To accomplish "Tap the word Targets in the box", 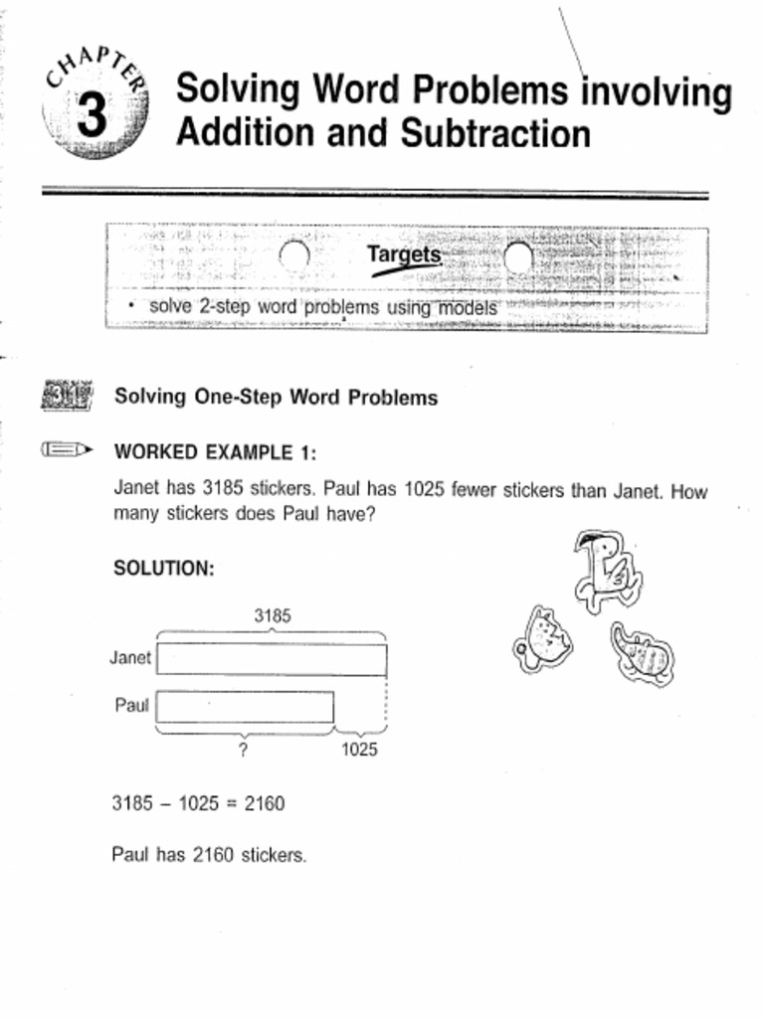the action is point(404,255).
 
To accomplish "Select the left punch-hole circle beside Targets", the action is point(294,256).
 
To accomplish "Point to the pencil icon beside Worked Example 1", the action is point(66,450).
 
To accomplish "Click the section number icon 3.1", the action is point(67,397).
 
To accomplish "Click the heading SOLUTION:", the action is point(164,569).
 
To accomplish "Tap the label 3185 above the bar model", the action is point(273,616).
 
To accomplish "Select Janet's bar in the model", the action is point(272,659).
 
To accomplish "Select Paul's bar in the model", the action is point(245,707).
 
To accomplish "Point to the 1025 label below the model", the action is point(359,751).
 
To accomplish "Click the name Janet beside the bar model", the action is point(130,658).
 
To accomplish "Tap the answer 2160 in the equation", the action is point(264,803).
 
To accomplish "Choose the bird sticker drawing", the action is point(606,570).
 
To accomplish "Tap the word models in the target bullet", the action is point(464,307).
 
